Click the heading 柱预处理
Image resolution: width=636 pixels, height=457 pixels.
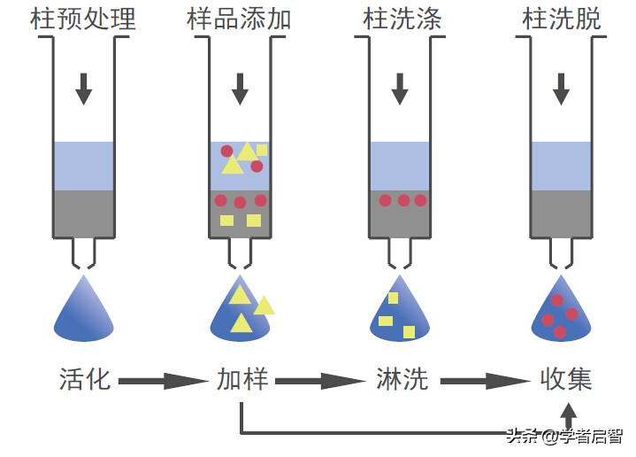click(84, 19)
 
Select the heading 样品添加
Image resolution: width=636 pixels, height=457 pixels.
click(239, 19)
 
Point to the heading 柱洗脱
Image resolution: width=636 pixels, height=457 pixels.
click(562, 19)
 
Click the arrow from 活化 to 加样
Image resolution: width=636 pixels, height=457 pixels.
click(163, 382)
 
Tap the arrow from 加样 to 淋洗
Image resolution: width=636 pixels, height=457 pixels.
click(320, 382)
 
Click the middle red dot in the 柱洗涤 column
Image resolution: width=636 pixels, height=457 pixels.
click(403, 200)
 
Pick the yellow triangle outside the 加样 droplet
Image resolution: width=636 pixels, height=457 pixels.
click(264, 306)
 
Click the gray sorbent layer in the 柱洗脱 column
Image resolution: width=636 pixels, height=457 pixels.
click(561, 213)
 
